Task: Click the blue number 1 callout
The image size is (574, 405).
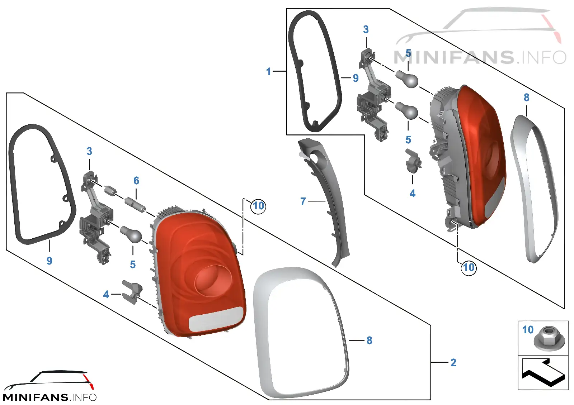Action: pyautogui.click(x=269, y=72)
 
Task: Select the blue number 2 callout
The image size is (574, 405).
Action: pyautogui.click(x=453, y=362)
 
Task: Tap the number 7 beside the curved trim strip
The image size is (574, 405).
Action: pyautogui.click(x=303, y=201)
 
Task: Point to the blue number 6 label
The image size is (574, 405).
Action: pyautogui.click(x=136, y=181)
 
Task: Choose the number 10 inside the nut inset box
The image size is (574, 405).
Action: pyautogui.click(x=528, y=329)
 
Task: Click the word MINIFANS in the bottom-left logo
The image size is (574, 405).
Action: pyautogui.click(x=36, y=397)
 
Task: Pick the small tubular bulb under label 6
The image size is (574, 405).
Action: pyautogui.click(x=135, y=204)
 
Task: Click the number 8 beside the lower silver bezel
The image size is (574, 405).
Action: pyautogui.click(x=369, y=340)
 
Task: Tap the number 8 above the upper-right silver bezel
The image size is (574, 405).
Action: pyautogui.click(x=526, y=97)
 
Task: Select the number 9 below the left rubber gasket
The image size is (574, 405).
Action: pyautogui.click(x=50, y=261)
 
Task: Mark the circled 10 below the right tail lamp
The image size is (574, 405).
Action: pyautogui.click(x=469, y=268)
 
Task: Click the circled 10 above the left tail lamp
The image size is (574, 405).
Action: pyautogui.click(x=258, y=206)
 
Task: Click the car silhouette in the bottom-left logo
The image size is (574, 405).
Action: pyautogui.click(x=49, y=381)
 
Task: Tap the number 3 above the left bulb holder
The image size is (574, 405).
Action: pyautogui.click(x=89, y=151)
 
